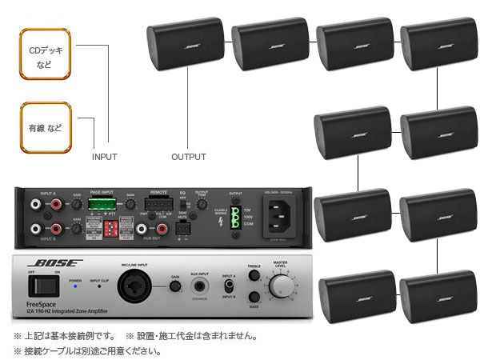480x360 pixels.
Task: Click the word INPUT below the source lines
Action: (x=105, y=157)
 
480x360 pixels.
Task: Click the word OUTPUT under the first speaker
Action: (x=189, y=157)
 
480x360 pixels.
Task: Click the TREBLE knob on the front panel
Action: (x=254, y=276)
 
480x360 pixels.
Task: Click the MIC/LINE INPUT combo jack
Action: (x=132, y=287)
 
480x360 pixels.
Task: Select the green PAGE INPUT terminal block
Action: (x=102, y=206)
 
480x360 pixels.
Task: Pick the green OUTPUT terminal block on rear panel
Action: (x=236, y=217)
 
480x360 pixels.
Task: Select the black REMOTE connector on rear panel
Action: (x=158, y=205)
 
